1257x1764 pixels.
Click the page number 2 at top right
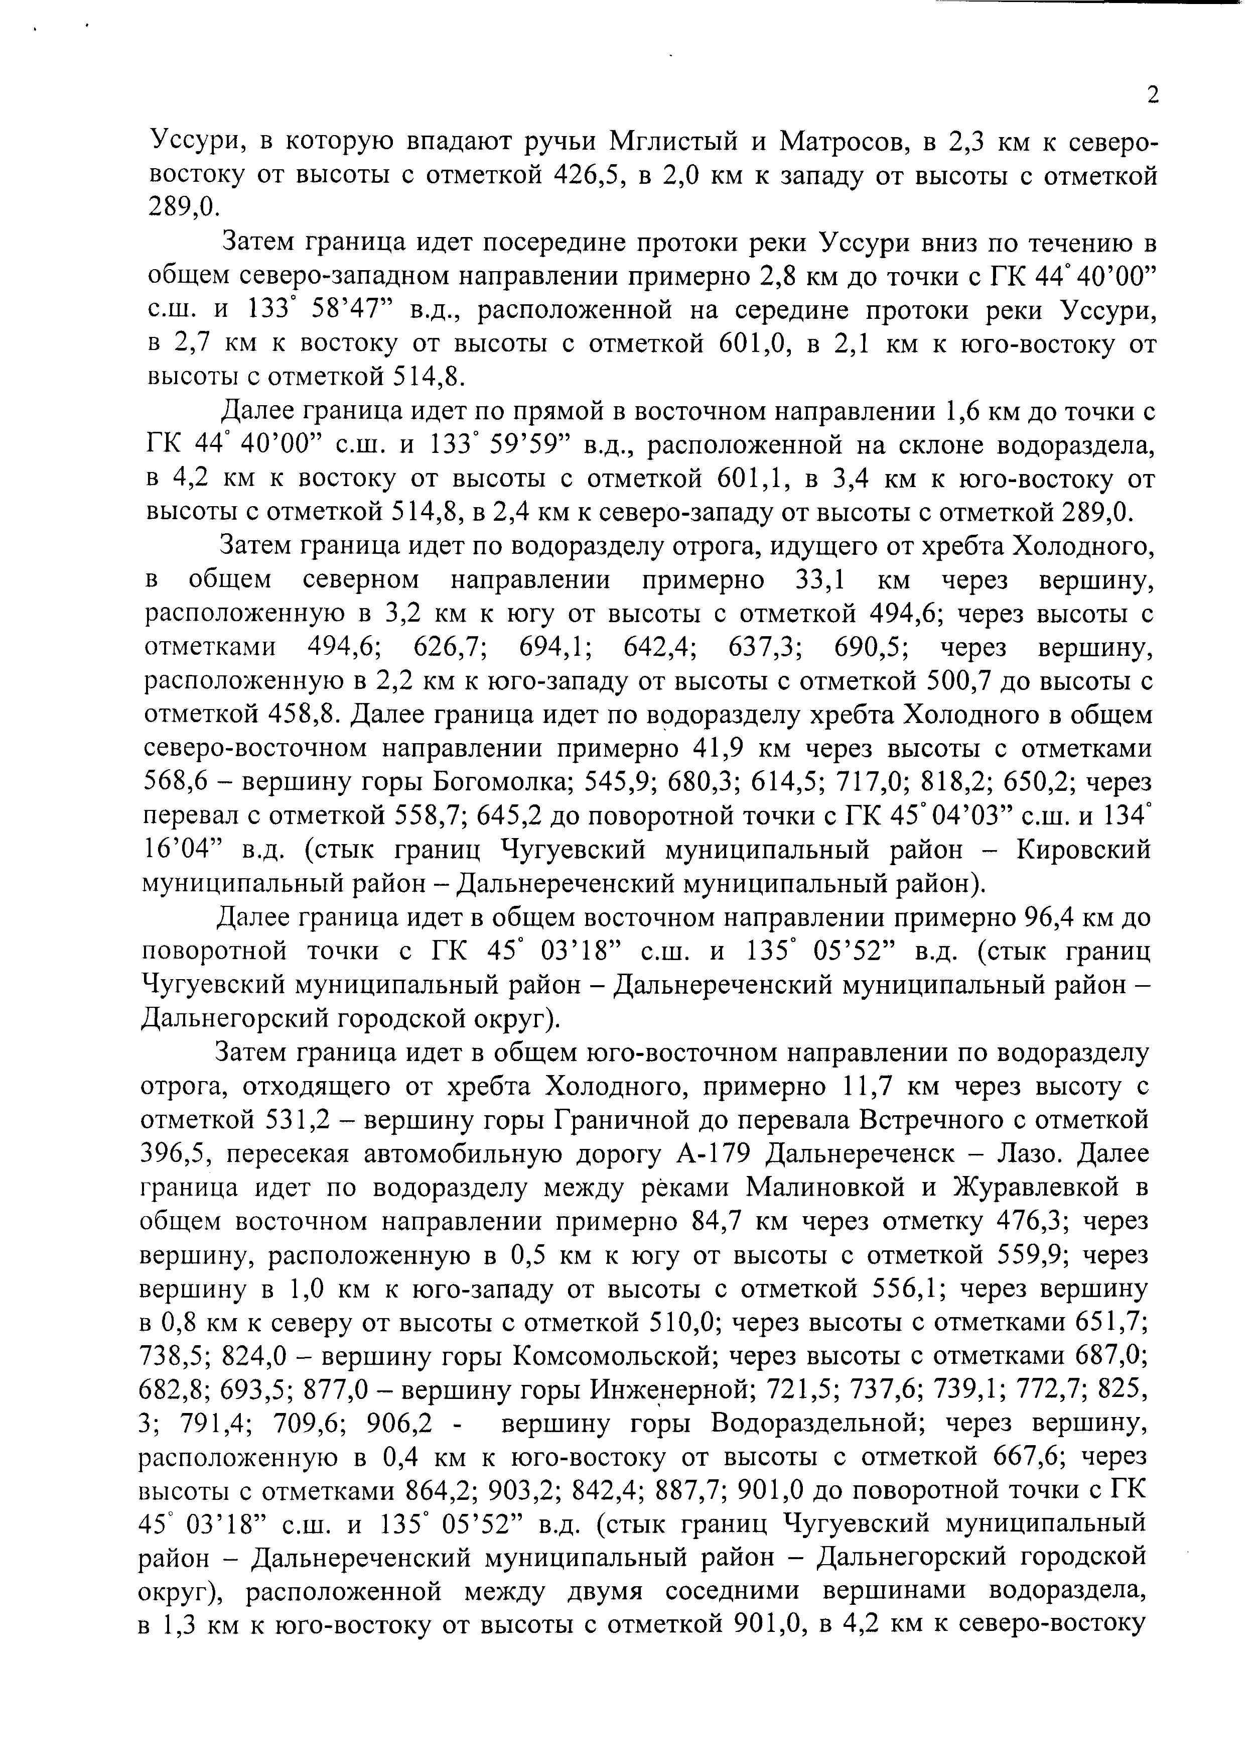[x=1153, y=95]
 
